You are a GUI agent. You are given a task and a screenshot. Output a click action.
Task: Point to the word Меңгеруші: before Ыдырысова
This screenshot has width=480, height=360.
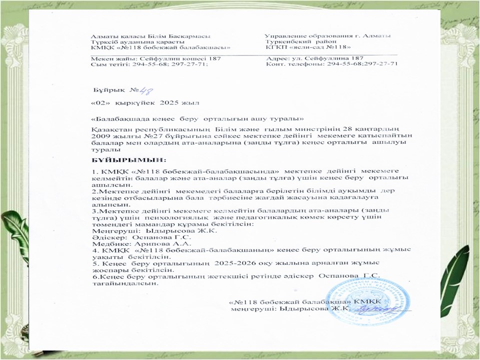[x=112, y=231]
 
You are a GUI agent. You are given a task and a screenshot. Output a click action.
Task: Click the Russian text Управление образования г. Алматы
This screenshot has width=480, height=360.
[x=328, y=36]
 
